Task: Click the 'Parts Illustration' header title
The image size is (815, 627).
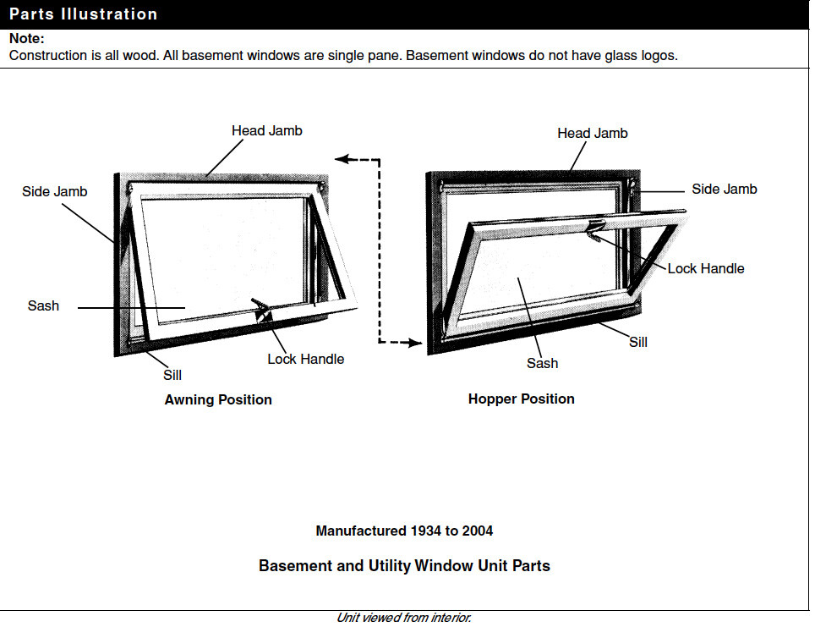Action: coord(83,14)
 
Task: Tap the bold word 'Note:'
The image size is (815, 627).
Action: coord(26,39)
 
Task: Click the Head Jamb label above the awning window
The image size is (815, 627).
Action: coord(266,131)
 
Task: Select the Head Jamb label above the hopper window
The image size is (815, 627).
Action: coord(592,134)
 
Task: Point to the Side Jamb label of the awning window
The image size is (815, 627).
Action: coord(54,192)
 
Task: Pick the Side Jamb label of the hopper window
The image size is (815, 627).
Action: coord(724,190)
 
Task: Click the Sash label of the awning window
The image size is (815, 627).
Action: coord(43,306)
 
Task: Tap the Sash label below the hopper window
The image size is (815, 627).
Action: coord(542,364)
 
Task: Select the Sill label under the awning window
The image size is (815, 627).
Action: coord(172,375)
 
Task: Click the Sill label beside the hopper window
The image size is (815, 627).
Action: coord(638,343)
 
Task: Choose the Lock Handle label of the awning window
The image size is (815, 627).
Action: coord(305,360)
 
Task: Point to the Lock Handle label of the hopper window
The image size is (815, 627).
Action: coord(705,269)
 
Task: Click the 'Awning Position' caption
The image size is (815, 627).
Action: coord(218,400)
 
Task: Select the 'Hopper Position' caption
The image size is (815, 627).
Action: coord(521,399)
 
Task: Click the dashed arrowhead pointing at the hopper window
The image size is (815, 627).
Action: coord(414,343)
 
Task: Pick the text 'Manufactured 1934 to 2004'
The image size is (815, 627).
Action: coord(404,531)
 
